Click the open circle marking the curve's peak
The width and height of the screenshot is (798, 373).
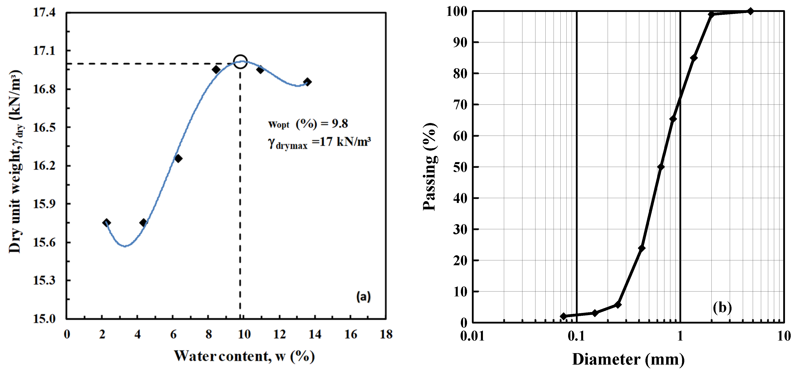tap(240, 62)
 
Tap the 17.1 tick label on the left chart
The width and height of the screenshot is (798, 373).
tap(44, 51)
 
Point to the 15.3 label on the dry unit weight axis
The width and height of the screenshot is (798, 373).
tap(44, 280)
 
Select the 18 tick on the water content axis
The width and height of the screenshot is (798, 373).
tap(386, 334)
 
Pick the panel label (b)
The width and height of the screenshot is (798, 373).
tap(722, 307)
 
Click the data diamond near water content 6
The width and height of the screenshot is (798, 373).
tap(178, 159)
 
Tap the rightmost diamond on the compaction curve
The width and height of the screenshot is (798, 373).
tap(307, 82)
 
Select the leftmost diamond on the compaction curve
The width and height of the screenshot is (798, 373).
tap(107, 222)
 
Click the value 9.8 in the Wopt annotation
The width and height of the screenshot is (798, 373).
tap(340, 124)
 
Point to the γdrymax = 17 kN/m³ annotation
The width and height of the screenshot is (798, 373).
tap(319, 142)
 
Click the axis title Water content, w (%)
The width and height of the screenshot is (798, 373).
tap(244, 356)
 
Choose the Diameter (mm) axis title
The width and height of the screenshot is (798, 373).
tap(628, 359)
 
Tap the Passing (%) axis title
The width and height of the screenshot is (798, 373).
tap(430, 167)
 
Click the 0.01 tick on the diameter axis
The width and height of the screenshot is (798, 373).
tap(472, 336)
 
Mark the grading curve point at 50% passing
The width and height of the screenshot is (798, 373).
tap(660, 167)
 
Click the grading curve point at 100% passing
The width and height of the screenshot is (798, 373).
tap(750, 11)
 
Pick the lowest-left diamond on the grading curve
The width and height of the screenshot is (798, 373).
tap(564, 316)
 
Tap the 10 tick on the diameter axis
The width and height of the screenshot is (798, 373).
tap(784, 336)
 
